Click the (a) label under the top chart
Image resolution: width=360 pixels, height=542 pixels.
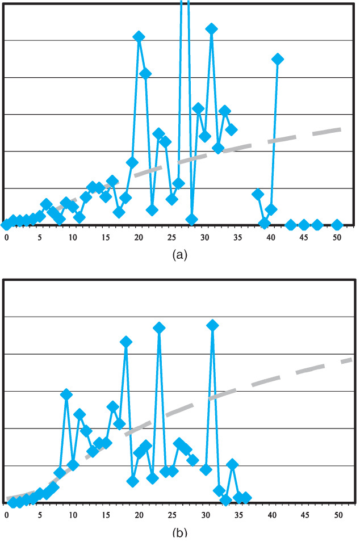coord(179,255)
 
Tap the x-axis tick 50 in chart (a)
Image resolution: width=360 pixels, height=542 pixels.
coord(337,237)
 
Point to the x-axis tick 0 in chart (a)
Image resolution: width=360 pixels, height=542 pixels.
coord(6,237)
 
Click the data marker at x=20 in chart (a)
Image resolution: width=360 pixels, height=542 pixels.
coord(139,37)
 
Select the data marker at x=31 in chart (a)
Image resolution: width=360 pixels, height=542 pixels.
coord(211,29)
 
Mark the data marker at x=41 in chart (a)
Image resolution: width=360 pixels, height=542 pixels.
coord(278,59)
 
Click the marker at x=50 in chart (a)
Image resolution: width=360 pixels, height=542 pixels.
coord(337,225)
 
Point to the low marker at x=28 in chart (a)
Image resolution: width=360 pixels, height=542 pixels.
coord(191,220)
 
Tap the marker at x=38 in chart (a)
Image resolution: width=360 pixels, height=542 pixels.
coord(258,194)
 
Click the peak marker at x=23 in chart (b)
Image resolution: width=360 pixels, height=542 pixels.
coord(159,328)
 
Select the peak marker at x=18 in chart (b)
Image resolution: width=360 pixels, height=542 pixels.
coord(126,342)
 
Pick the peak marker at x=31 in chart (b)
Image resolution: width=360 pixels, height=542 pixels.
coord(212,325)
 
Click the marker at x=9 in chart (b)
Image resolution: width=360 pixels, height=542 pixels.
coord(66,394)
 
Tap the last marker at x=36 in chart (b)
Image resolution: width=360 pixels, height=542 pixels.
coord(245,498)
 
